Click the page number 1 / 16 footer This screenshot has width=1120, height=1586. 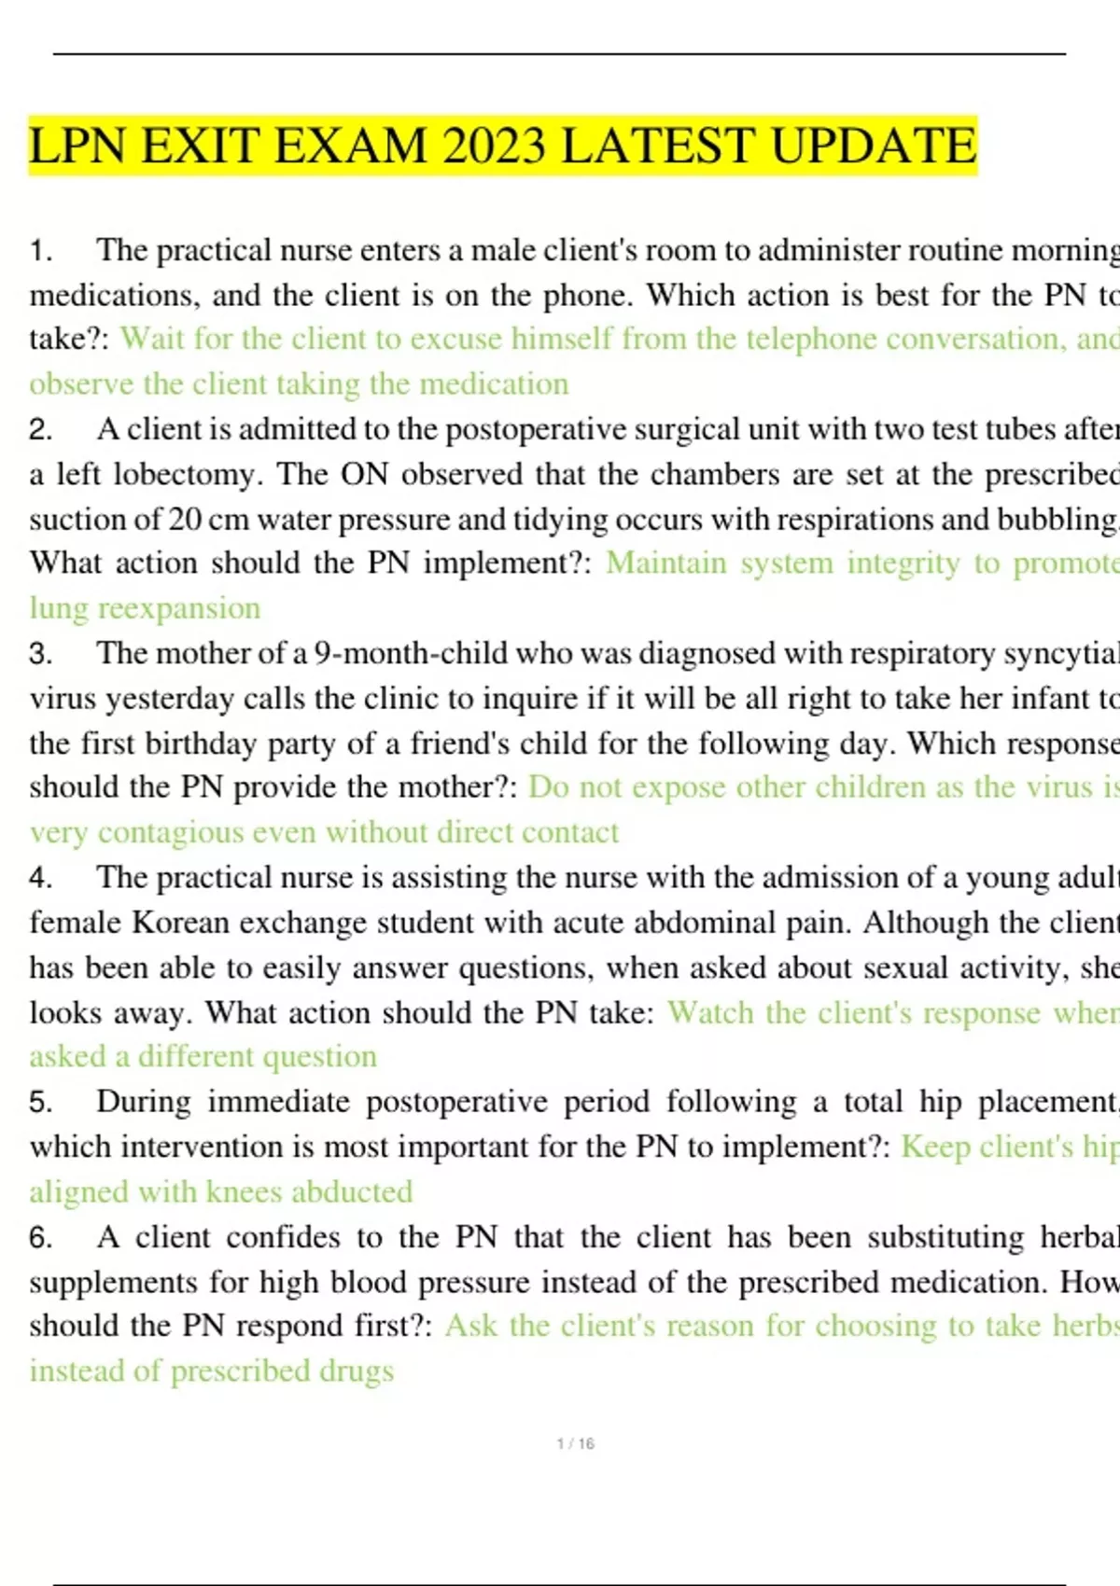click(575, 1443)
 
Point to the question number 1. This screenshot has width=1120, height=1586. click(40, 250)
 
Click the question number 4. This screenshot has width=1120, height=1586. click(40, 878)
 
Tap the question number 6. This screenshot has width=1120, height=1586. click(40, 1237)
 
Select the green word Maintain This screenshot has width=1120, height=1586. click(666, 563)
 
